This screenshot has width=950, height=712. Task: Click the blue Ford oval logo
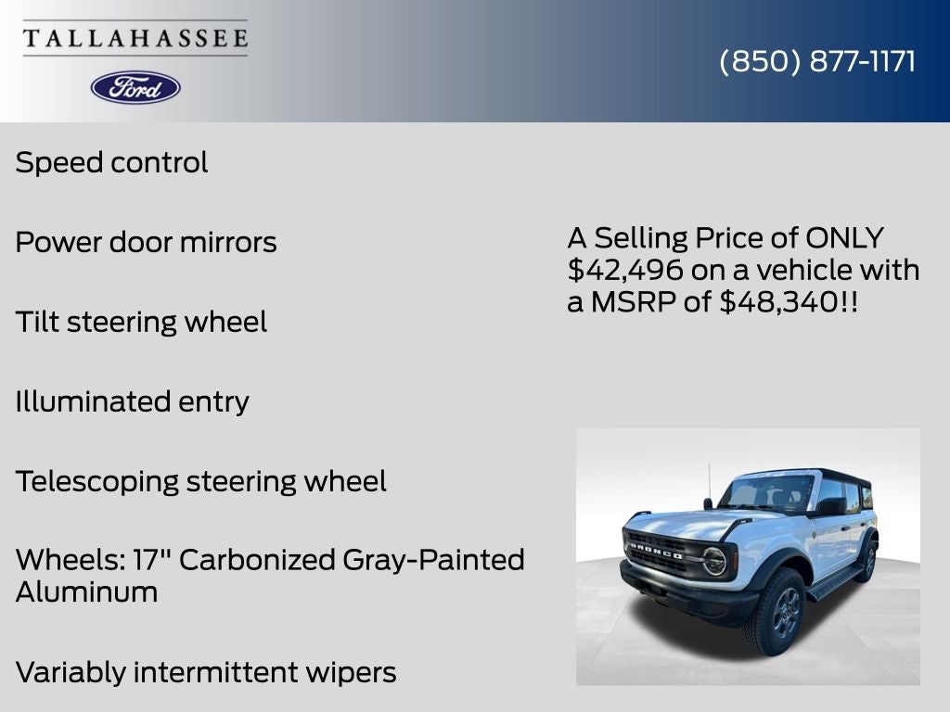tap(135, 87)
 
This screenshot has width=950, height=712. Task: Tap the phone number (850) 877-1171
tap(817, 61)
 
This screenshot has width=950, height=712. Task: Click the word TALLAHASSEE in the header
tap(135, 39)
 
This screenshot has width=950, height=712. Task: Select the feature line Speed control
tap(111, 163)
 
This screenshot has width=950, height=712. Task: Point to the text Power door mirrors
tap(146, 243)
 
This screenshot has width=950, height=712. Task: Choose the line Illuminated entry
tap(132, 402)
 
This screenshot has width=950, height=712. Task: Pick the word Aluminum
tap(86, 592)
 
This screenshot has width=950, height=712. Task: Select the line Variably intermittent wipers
tap(206, 672)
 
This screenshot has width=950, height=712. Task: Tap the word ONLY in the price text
tap(844, 238)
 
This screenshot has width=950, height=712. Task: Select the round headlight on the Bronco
tap(712, 560)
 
